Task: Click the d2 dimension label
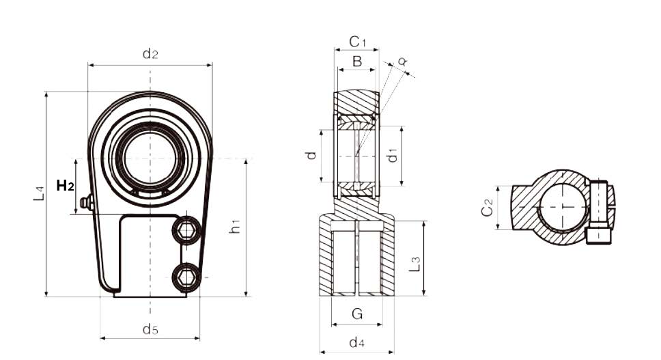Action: (150, 54)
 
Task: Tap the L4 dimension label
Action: (39, 193)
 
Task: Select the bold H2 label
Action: (66, 185)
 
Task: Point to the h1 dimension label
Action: (235, 226)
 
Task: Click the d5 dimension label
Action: (150, 329)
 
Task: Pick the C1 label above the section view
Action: (358, 42)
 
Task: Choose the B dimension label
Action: (357, 61)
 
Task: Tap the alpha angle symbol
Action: (403, 61)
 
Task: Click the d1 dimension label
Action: (393, 155)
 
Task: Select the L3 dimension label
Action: (415, 264)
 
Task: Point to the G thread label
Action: (357, 314)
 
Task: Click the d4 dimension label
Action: (356, 342)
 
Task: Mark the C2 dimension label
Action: (488, 207)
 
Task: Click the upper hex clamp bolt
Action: (186, 230)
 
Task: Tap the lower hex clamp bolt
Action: (186, 277)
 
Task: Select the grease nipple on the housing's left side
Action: (87, 202)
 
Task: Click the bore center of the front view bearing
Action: (150, 158)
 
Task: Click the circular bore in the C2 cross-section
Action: (563, 206)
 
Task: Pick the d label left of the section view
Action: (311, 156)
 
